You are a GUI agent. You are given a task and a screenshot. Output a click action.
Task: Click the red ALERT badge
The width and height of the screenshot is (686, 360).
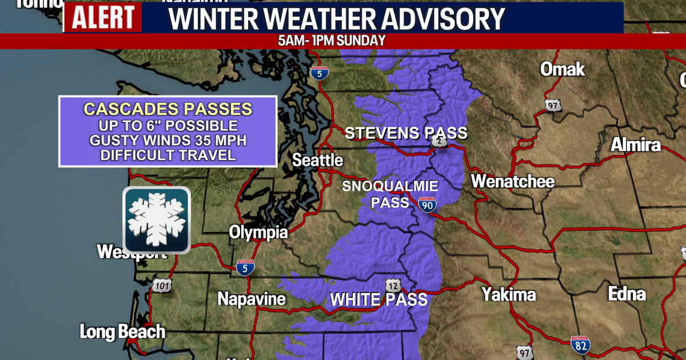[102, 18]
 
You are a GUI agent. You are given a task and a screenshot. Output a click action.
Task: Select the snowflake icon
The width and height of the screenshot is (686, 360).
[156, 220]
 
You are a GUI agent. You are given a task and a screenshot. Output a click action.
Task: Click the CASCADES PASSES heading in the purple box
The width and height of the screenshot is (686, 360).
[167, 108]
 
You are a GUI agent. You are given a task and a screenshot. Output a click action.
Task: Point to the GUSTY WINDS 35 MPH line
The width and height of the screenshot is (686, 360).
[167, 140]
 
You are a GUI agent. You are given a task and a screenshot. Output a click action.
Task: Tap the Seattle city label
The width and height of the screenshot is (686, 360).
[317, 160]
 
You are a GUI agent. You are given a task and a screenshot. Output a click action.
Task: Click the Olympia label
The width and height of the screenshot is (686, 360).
[258, 232]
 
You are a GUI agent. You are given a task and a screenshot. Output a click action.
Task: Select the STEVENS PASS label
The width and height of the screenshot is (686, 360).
[406, 133]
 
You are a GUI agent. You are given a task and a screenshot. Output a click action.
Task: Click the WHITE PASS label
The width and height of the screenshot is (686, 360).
[378, 299]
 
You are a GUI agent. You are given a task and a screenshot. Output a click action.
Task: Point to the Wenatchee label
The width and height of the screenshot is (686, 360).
[512, 182]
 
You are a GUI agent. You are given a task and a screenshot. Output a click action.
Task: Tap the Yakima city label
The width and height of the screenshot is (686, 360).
[508, 295]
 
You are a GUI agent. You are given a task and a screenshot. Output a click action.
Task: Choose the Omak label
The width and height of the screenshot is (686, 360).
[563, 70]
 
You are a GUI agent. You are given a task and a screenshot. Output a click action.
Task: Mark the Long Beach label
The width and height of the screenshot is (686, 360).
[122, 331]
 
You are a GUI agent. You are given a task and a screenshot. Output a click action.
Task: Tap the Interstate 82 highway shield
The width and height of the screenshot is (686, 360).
[580, 345]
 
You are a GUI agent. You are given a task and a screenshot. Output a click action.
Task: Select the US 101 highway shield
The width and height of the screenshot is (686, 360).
[163, 286]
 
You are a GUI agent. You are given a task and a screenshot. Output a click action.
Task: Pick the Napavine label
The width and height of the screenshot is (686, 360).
[252, 299]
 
